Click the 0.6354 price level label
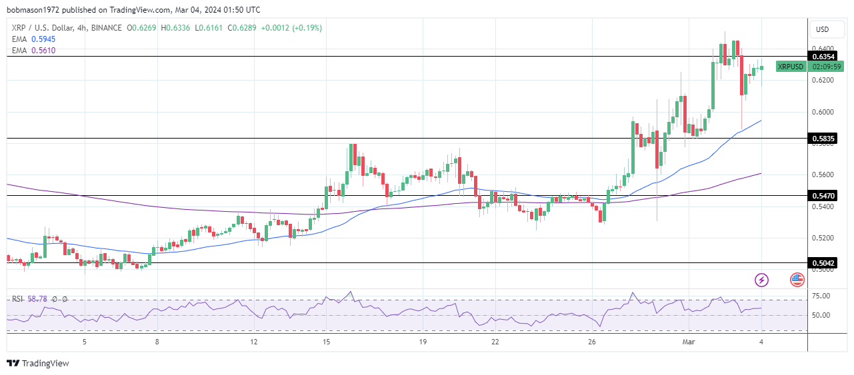click(x=823, y=57)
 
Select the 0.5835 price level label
click(x=823, y=139)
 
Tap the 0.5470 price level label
click(x=823, y=196)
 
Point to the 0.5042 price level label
click(x=823, y=263)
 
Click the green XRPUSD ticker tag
click(x=791, y=67)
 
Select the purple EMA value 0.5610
click(x=43, y=50)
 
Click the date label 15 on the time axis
click(x=326, y=342)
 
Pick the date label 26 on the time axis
click(x=592, y=342)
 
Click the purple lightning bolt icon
click(x=761, y=280)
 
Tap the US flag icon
click(x=797, y=280)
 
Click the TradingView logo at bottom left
click(x=38, y=363)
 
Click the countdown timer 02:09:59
click(x=825, y=67)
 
